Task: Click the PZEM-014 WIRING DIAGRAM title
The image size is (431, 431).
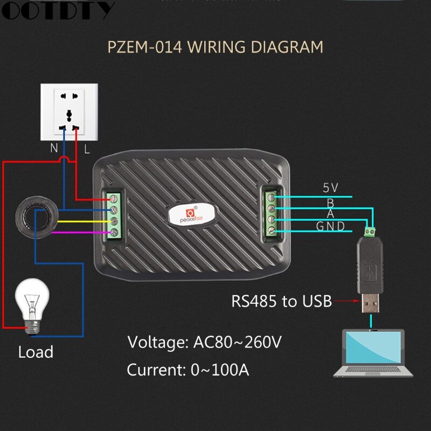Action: [x=215, y=47]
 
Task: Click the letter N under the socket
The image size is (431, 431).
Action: [x=54, y=148]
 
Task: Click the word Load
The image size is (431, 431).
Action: [x=36, y=352]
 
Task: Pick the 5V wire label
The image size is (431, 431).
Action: [x=330, y=188]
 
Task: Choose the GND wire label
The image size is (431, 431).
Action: [x=330, y=226]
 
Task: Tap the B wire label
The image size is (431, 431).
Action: [x=330, y=203]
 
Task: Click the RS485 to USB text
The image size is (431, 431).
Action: [x=281, y=301]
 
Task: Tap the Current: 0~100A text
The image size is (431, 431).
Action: [x=188, y=370]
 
